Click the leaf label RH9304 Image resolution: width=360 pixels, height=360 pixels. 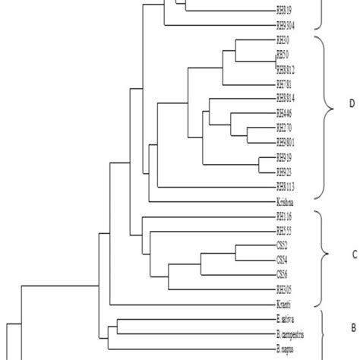point(286,25)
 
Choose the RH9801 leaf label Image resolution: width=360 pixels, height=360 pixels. point(286,141)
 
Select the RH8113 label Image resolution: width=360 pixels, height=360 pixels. point(286,186)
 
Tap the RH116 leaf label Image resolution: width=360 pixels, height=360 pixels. point(285,216)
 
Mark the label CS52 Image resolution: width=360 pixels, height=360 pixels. point(283,246)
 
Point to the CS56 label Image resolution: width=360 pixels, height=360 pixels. point(283,274)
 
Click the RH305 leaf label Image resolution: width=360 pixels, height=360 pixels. point(285,289)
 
